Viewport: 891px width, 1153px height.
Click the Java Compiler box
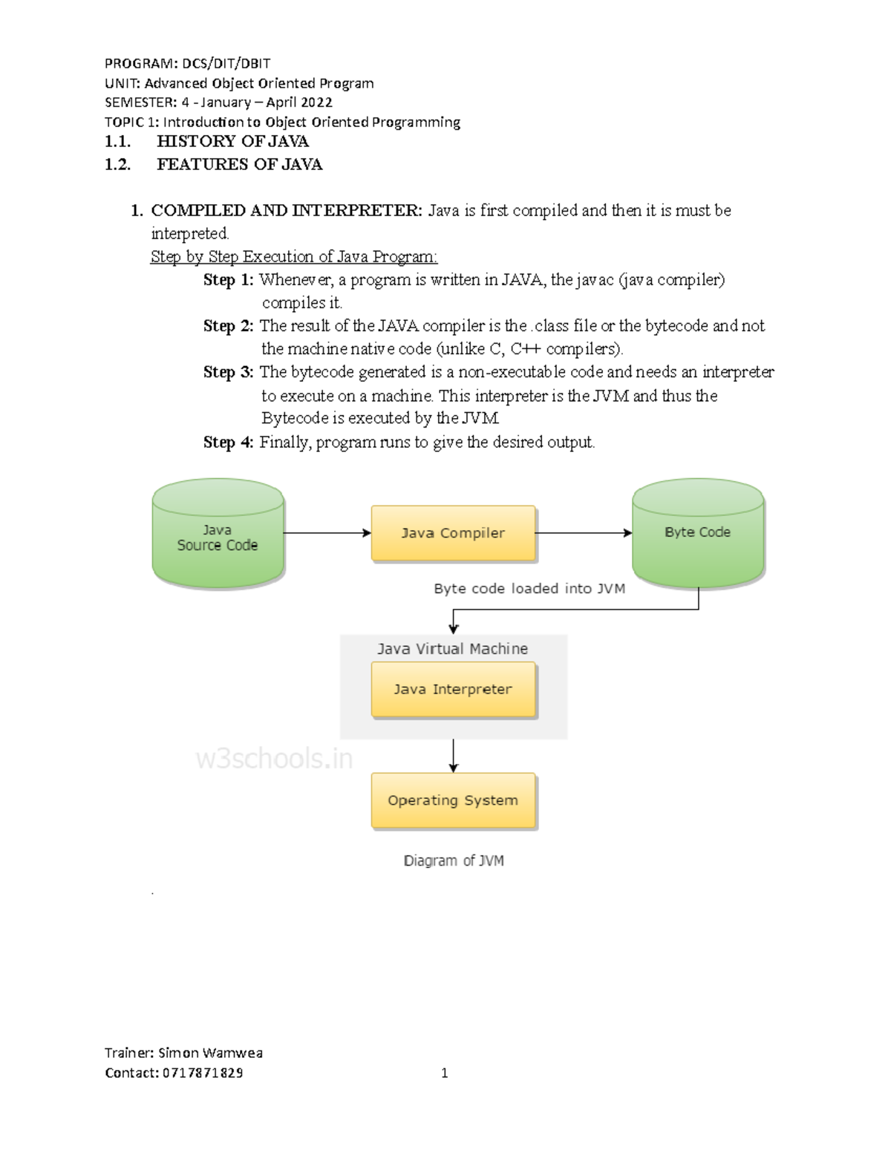(x=453, y=533)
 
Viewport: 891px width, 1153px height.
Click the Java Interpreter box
(x=453, y=690)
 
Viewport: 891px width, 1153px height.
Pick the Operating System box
(x=453, y=800)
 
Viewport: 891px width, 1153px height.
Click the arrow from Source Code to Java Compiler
(x=327, y=533)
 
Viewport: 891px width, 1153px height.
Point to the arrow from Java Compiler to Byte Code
(x=583, y=533)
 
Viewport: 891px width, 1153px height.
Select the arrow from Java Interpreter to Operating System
(x=454, y=756)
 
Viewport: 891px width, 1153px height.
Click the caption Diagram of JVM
(x=454, y=860)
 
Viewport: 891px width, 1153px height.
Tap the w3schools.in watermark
(x=274, y=759)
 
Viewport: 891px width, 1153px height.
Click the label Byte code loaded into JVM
(x=529, y=589)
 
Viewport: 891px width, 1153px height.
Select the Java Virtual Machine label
(x=452, y=649)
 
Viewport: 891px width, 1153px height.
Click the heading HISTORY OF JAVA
(x=232, y=141)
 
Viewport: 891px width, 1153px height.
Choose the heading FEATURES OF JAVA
(x=239, y=164)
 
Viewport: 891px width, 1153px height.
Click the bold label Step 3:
(x=228, y=372)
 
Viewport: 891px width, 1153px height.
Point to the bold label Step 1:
(x=228, y=280)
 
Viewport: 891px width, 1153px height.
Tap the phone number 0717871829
(x=203, y=1073)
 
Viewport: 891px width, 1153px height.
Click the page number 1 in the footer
(x=445, y=1073)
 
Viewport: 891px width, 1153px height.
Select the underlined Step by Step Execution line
(x=294, y=257)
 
